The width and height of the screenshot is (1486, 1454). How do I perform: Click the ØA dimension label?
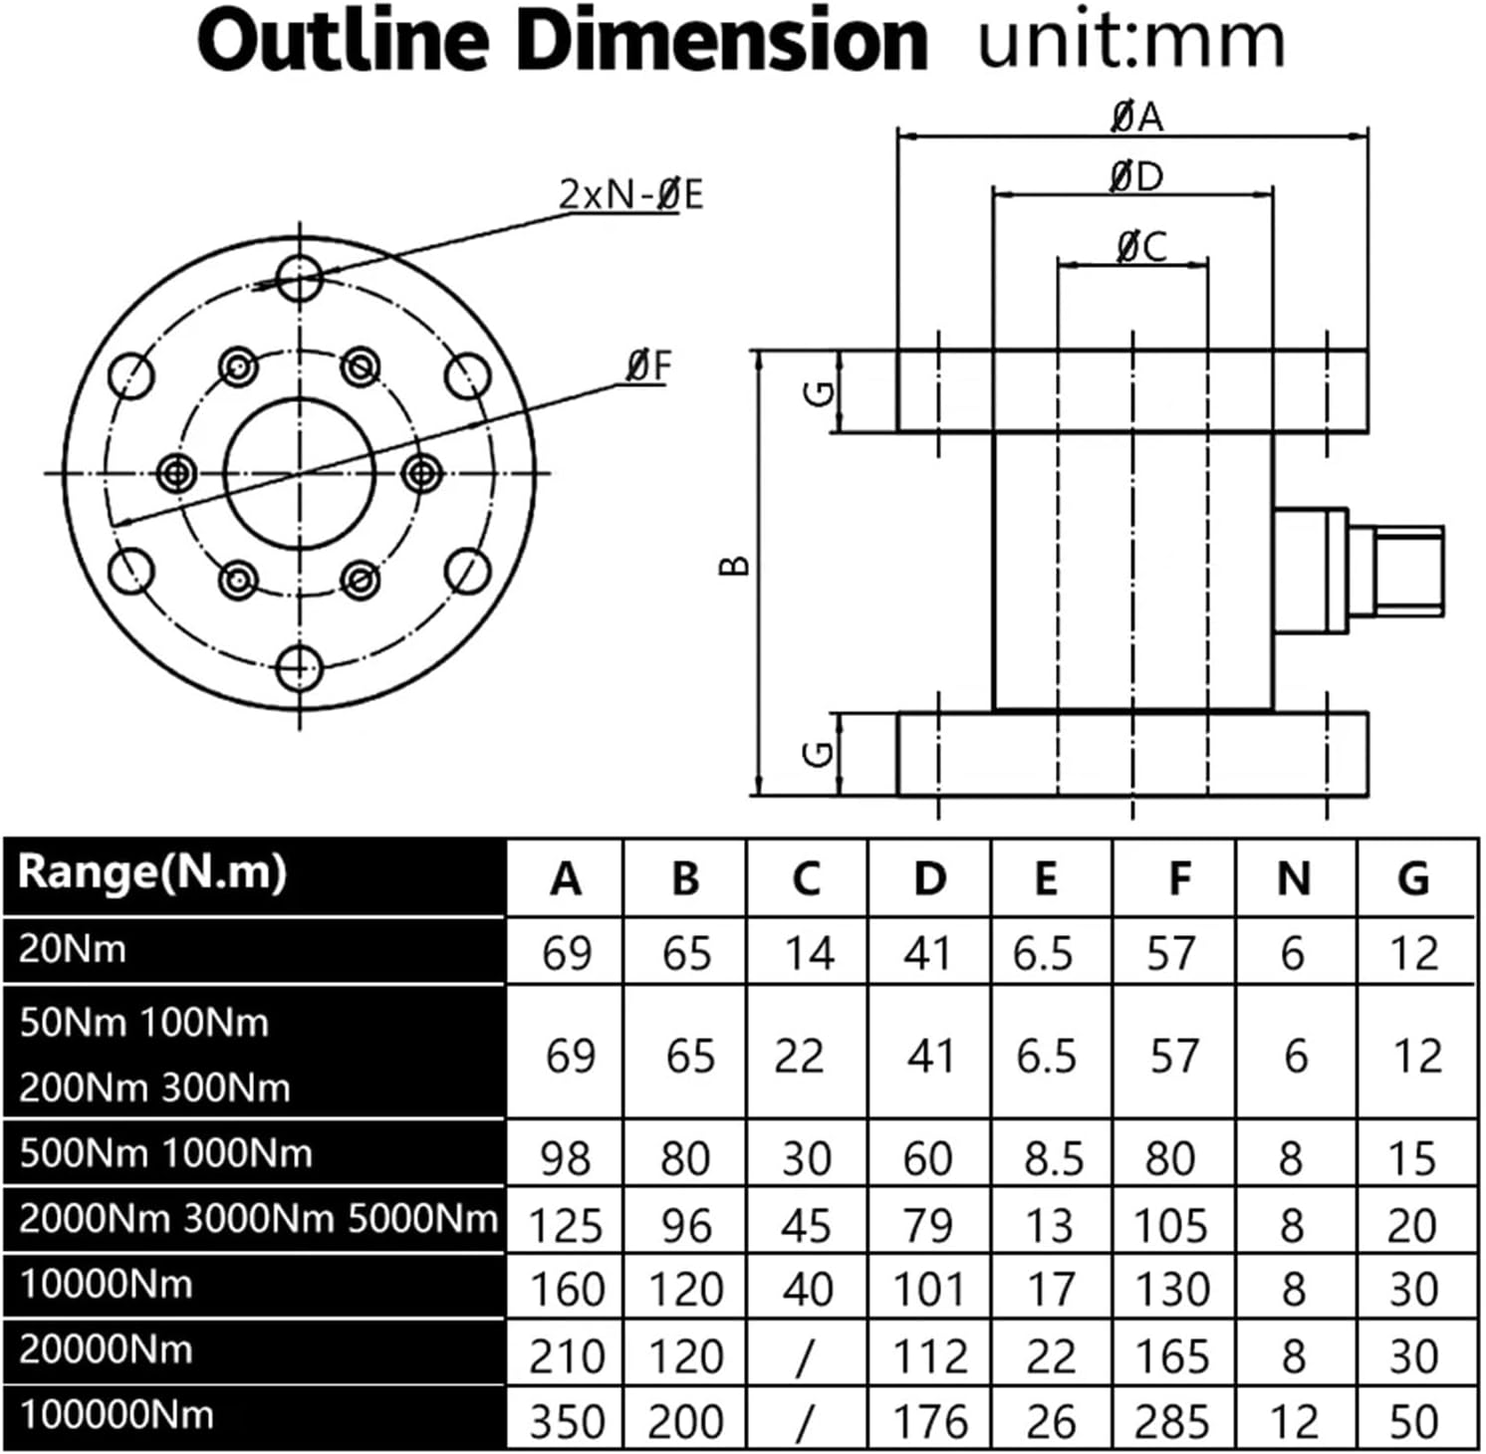(x=1136, y=117)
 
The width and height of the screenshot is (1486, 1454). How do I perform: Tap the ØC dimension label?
(x=1140, y=246)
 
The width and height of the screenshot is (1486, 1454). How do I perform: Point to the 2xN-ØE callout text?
(x=629, y=194)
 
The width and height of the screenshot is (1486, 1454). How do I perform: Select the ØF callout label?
(x=648, y=366)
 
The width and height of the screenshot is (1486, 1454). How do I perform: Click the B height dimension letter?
(x=735, y=566)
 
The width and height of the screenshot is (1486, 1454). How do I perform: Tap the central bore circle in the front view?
(x=300, y=474)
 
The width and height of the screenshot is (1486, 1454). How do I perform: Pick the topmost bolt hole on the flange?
(x=299, y=276)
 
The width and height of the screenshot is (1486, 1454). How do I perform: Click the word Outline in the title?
(x=341, y=40)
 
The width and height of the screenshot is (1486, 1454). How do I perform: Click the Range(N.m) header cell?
(x=152, y=872)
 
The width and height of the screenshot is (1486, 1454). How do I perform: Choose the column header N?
(x=1293, y=879)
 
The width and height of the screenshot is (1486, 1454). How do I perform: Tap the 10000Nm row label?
(x=106, y=1285)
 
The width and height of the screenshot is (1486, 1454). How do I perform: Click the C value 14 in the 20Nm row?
(x=808, y=954)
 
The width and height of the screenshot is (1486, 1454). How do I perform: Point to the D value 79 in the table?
(x=928, y=1226)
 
